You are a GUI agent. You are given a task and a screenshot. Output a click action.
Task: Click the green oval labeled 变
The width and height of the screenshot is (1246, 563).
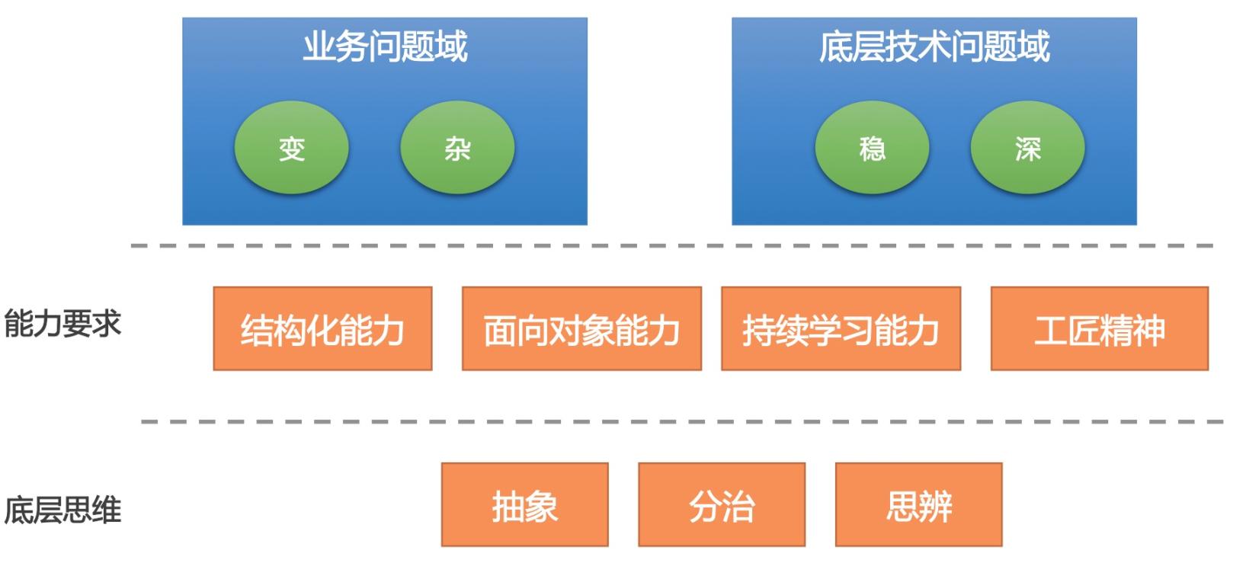(291, 148)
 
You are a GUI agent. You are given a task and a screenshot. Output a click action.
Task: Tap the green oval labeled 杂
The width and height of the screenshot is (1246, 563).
(457, 148)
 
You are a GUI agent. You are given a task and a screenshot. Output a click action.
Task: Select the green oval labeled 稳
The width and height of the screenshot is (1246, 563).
(872, 148)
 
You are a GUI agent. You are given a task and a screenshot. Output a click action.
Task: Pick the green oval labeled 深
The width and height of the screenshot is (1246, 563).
(1027, 148)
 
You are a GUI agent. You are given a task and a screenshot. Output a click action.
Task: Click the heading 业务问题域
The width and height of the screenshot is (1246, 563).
(385, 46)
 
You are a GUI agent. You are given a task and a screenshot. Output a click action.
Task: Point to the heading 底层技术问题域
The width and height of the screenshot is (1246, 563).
(934, 46)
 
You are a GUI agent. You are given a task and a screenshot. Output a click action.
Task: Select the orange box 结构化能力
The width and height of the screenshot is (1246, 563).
(322, 329)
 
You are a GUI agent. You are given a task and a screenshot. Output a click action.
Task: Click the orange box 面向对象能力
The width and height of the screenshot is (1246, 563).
(581, 329)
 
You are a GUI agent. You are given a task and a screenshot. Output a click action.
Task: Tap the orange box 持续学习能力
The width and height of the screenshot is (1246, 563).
(841, 329)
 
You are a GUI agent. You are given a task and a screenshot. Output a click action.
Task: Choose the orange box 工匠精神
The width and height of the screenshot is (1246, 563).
(1099, 329)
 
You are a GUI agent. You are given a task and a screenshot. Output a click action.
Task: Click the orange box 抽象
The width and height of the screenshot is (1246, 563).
(524, 505)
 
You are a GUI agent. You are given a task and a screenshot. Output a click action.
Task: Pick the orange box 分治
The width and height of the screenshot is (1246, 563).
(722, 505)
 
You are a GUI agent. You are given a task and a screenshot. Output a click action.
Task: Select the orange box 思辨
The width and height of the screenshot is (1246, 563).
(918, 505)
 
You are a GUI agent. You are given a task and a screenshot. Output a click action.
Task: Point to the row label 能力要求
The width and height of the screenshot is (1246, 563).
(62, 324)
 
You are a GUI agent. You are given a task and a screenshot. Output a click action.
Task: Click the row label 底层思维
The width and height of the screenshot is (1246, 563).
(62, 510)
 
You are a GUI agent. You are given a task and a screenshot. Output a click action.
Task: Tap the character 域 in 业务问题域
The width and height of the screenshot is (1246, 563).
(450, 46)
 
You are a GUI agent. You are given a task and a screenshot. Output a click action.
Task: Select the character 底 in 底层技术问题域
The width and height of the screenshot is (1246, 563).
(835, 46)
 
